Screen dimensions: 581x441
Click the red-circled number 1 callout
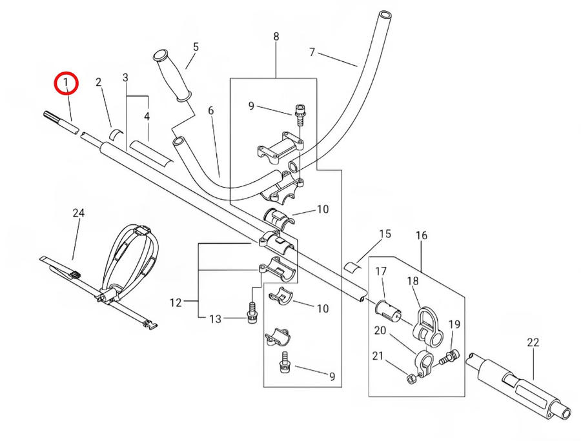coord(66,83)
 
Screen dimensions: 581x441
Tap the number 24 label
coord(78,213)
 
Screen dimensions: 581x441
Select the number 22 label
coord(533,342)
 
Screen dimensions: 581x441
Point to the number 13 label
coord(215,318)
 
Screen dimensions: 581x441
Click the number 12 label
coord(176,302)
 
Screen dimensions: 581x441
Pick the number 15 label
coord(385,234)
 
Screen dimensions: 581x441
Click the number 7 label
coord(312,52)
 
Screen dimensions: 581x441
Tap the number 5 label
coord(196,47)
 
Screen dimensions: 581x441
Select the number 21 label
coord(378,356)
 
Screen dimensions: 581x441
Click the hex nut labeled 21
coord(411,378)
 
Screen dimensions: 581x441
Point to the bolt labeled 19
coord(449,357)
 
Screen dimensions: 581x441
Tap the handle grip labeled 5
coord(172,76)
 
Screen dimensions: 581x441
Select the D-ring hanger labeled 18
coord(427,327)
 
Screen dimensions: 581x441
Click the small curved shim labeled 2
coord(117,134)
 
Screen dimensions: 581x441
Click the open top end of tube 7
coord(384,16)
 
